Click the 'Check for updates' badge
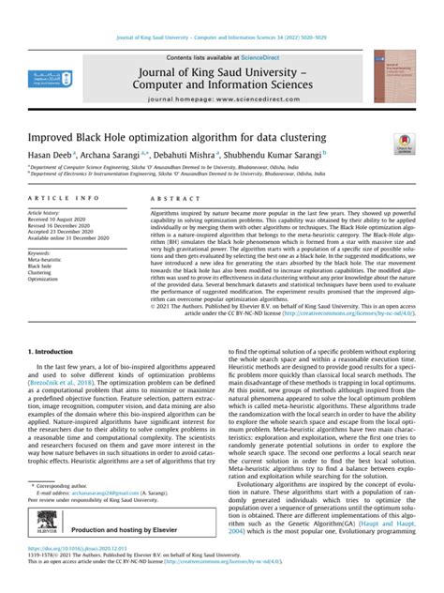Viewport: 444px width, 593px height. click(404, 141)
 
